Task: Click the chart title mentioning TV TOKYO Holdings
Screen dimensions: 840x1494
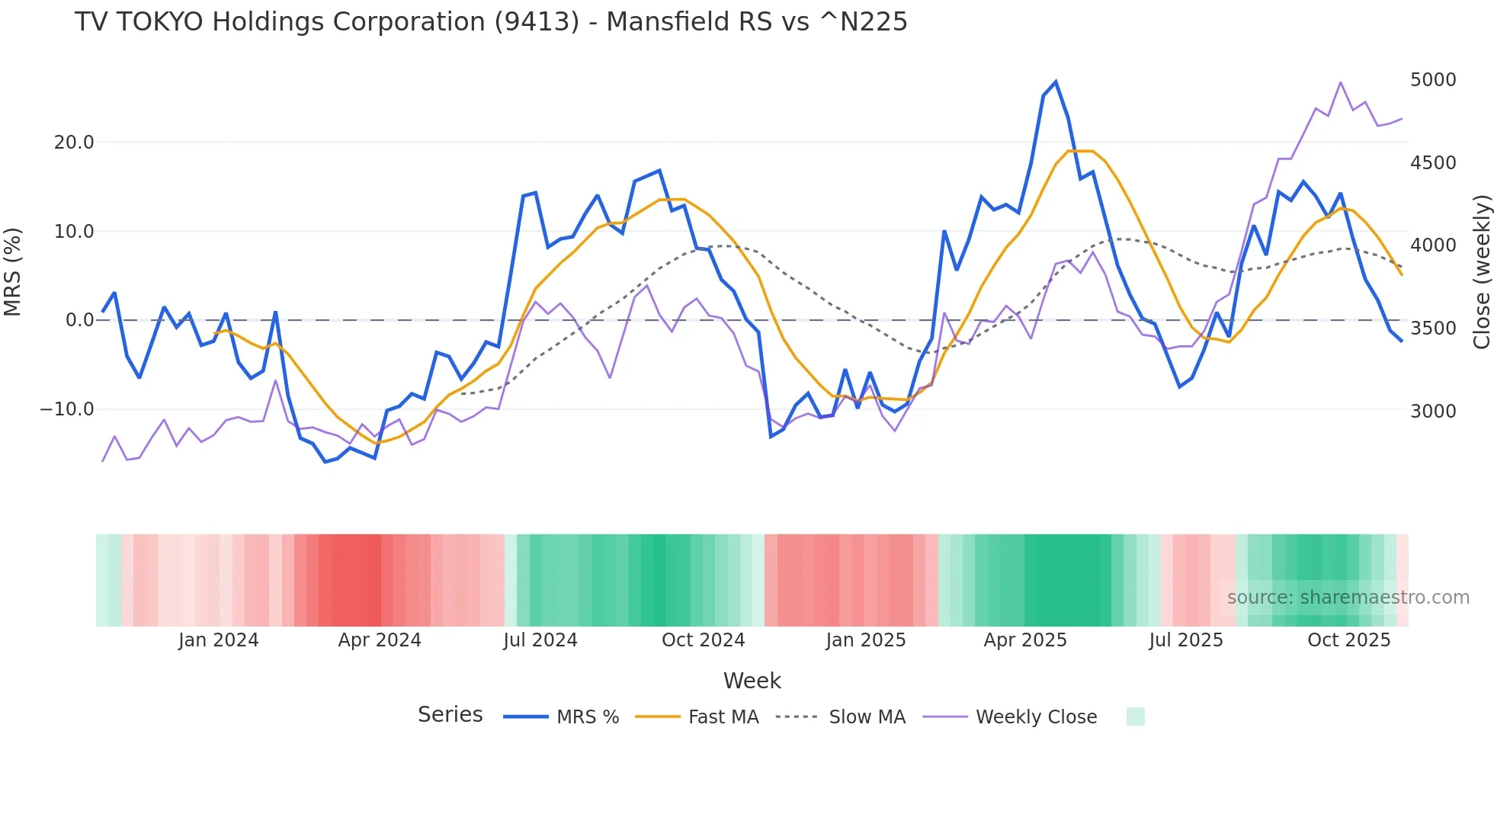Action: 491,22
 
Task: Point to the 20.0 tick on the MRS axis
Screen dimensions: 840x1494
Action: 74,143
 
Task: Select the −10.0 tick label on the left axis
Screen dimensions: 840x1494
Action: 67,409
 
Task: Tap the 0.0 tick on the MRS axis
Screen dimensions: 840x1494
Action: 79,320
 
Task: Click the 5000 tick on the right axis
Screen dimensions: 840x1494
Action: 1433,80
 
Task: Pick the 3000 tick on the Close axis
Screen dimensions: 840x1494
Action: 1433,412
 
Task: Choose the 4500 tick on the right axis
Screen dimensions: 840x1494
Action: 1433,163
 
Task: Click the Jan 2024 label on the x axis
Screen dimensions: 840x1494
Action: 219,640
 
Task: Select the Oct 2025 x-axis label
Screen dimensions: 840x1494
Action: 1348,640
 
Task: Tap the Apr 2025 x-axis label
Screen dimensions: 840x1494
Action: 1024,640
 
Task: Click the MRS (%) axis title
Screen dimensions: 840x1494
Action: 13,272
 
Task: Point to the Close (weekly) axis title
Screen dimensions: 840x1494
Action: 1481,272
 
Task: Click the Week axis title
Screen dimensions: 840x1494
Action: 752,681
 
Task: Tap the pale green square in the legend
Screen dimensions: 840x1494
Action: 1135,717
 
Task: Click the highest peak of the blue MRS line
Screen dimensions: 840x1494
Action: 1056,82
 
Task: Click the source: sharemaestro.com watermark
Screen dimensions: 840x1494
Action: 1348,598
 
